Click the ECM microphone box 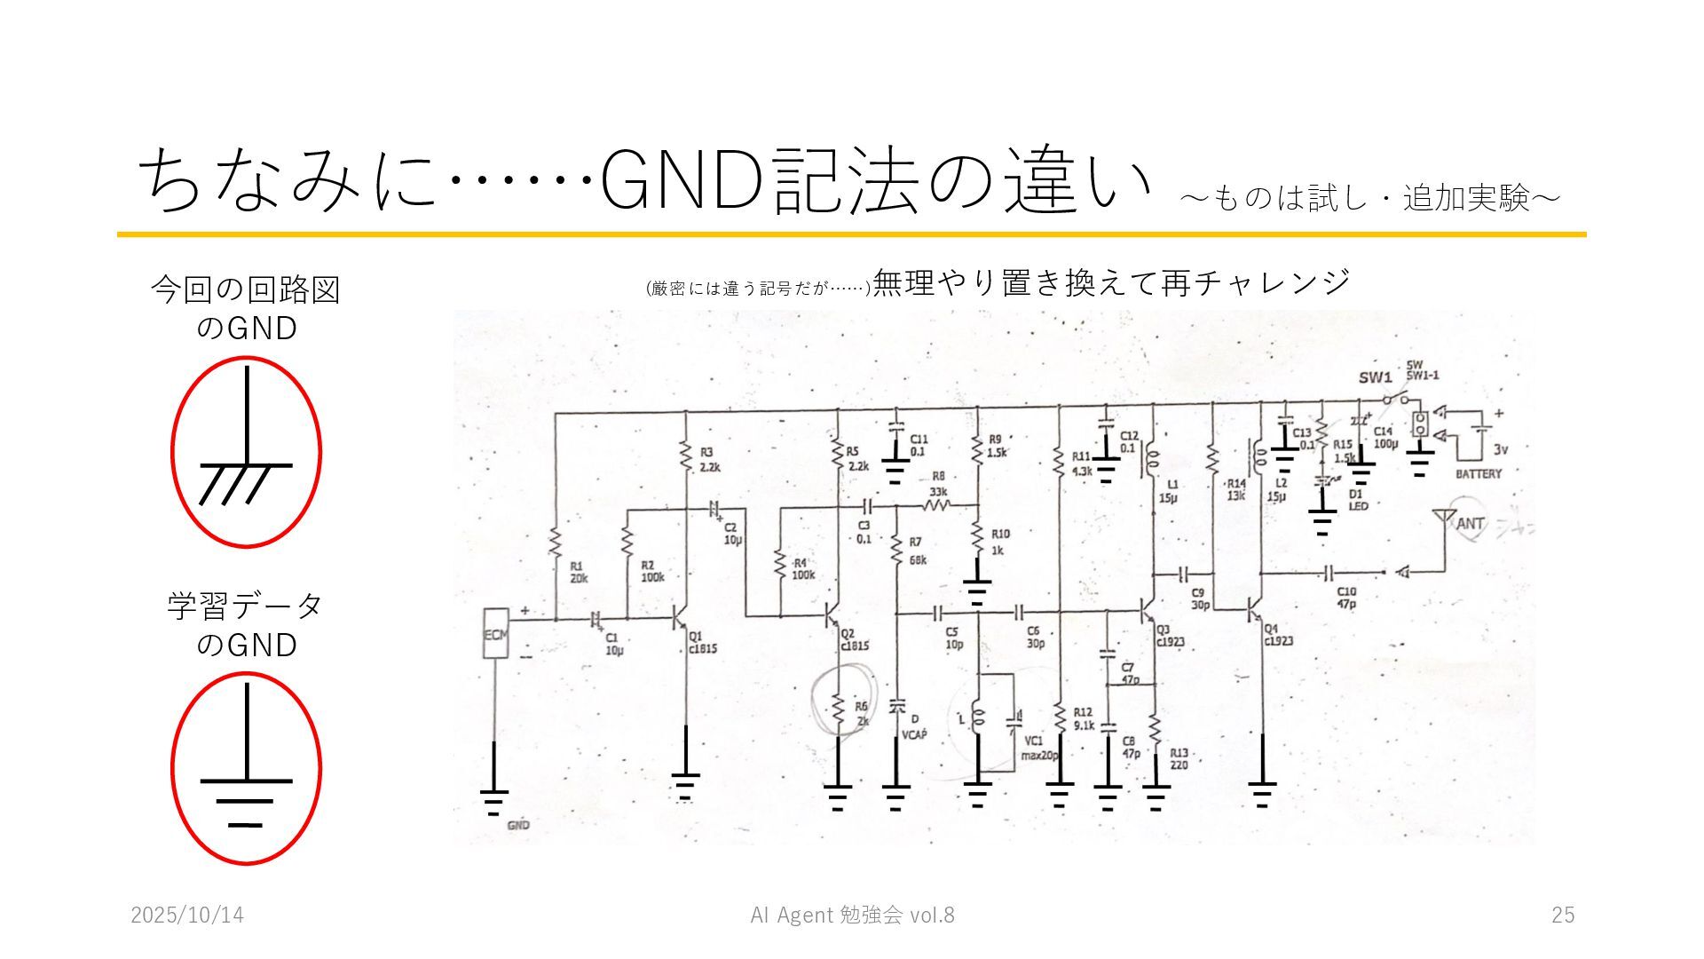click(x=493, y=634)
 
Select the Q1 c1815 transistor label click(x=701, y=642)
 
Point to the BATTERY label click(x=1479, y=474)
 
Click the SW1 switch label click(x=1375, y=377)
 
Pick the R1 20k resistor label click(x=579, y=572)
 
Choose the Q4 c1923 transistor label click(x=1278, y=634)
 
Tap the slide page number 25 click(x=1563, y=915)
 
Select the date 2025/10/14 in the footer click(x=187, y=915)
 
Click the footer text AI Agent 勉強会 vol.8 click(x=852, y=915)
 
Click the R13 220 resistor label click(x=1179, y=758)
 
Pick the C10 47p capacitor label click(x=1345, y=598)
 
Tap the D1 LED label click(x=1358, y=500)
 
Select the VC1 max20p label click(x=1035, y=748)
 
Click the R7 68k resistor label click(x=917, y=551)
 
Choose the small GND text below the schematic click(x=518, y=825)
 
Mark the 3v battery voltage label click(x=1501, y=449)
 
